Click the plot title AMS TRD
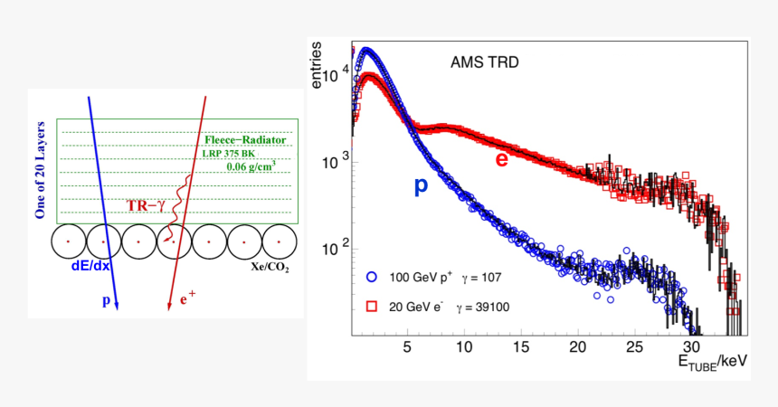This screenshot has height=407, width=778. pyautogui.click(x=484, y=63)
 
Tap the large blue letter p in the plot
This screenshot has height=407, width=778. pyautogui.click(x=421, y=185)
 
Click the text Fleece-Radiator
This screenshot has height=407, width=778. pyautogui.click(x=245, y=140)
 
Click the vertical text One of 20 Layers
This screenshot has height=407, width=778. pyautogui.click(x=41, y=171)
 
